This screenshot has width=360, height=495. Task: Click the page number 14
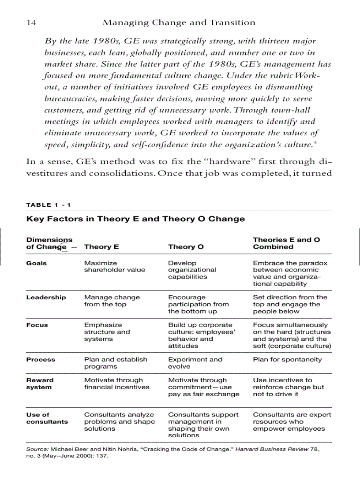coord(31,22)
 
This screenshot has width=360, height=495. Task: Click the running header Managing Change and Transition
coord(179,22)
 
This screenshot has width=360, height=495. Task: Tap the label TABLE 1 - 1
coord(49,205)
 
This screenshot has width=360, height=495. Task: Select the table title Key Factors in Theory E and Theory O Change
coord(135,219)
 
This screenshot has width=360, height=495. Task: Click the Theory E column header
coord(101,247)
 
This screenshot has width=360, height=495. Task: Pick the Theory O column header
coord(186,247)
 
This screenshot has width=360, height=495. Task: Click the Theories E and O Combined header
coord(286,243)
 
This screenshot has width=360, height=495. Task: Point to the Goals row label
coord(37,263)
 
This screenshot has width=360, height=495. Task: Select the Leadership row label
coord(46,298)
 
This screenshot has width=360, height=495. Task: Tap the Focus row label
coord(37,325)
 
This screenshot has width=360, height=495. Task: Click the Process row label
coord(41,360)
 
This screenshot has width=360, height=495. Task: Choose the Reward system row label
coord(40,383)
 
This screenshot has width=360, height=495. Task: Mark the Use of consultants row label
coord(47,418)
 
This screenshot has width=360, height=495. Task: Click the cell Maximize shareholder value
coord(114,266)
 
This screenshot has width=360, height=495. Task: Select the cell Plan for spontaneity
coord(287,360)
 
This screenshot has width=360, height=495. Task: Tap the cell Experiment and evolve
coord(195,363)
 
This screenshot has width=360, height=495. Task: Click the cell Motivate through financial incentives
coord(116,383)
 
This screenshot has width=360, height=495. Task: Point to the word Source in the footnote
coord(37,449)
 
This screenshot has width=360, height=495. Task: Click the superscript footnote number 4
coord(315,142)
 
